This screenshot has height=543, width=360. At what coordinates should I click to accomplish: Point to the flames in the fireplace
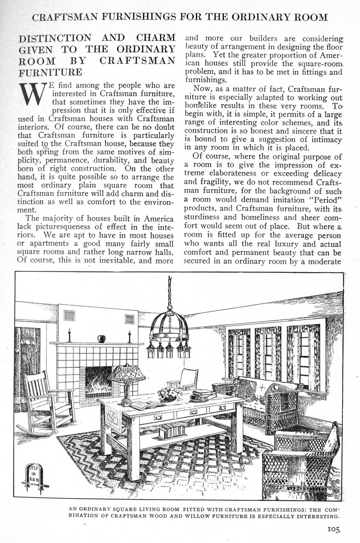coord(99,381)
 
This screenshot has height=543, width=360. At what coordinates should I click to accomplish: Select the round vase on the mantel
coord(101,338)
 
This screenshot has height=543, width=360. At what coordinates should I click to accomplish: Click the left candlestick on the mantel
coord(69,335)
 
